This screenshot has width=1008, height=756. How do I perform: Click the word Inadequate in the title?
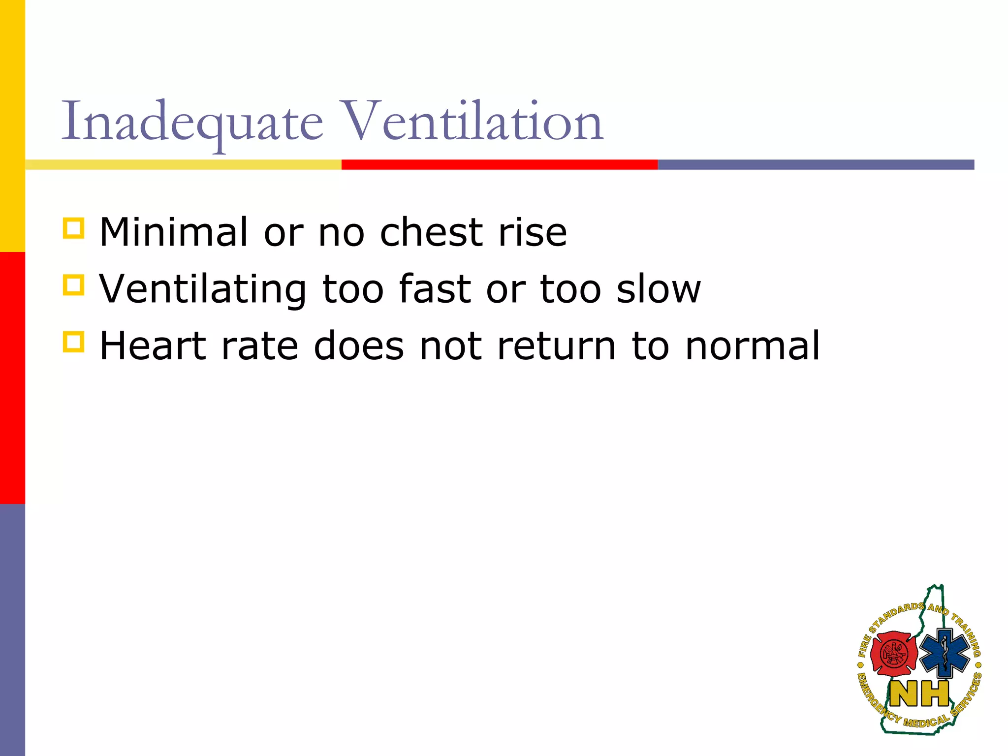click(192, 122)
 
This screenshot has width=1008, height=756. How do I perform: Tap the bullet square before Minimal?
click(73, 228)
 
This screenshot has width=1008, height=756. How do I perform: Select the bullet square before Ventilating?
click(73, 285)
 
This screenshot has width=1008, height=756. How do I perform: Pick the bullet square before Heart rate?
click(73, 342)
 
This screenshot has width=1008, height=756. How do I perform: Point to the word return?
click(556, 346)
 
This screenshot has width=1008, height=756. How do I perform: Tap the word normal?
click(752, 346)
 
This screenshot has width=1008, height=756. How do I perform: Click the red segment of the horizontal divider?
click(500, 164)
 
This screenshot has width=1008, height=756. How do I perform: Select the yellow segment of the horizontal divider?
click(183, 164)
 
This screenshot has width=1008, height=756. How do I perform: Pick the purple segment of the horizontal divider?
click(816, 164)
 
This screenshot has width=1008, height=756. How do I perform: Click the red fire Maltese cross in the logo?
click(893, 655)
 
